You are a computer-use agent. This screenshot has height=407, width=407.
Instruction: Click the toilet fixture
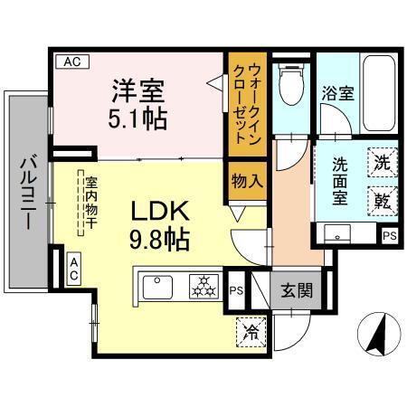coord(290,85)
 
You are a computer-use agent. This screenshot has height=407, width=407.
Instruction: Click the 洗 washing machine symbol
coord(382,165)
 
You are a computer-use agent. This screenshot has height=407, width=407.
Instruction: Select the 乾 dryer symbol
coord(382,200)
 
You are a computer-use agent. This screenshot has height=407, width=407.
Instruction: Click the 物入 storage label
coord(246,180)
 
